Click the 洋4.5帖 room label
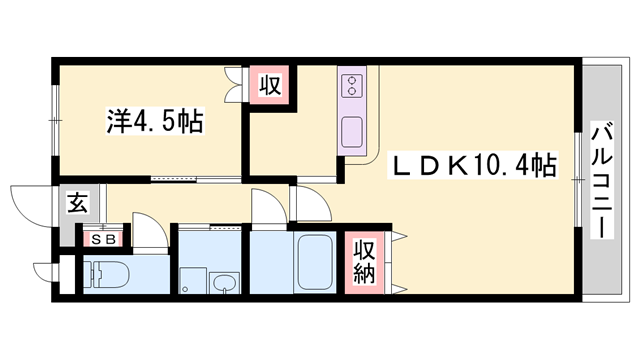coord(155,123)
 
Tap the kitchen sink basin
coord(354,130)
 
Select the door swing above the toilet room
coord(148,234)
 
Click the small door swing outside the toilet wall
coord(47,272)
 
